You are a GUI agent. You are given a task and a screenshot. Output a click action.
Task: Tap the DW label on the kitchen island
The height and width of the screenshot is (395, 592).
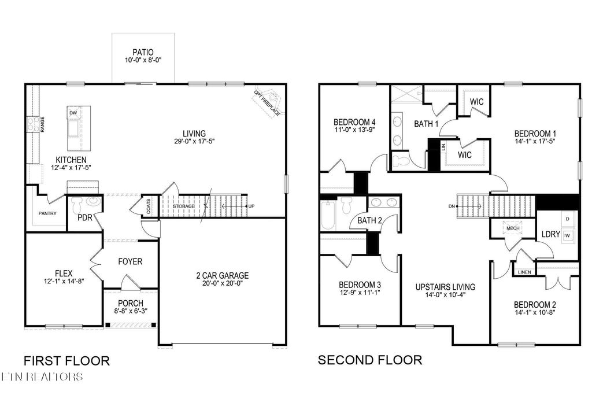tap(73, 113)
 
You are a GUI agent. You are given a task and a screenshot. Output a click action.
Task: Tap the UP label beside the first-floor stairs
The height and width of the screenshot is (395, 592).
tap(251, 206)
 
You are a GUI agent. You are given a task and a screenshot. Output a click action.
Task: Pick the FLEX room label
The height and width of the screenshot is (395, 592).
tap(63, 274)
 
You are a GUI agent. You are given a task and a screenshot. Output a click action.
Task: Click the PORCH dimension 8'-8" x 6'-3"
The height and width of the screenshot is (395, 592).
tap(131, 312)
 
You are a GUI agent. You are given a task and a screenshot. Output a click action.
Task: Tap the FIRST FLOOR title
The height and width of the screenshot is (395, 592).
tap(66, 361)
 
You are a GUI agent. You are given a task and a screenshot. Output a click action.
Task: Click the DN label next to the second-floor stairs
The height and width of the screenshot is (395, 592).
tap(452, 206)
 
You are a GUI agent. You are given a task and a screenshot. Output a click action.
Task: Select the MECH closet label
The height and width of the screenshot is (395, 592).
tap(513, 228)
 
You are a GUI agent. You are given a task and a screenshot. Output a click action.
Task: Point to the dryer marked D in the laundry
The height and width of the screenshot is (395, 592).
tap(567, 219)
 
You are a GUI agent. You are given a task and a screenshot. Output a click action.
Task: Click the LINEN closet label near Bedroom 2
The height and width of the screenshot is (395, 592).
tap(524, 272)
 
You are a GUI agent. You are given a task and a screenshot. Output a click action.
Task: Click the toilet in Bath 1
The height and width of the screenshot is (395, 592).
tap(401, 160)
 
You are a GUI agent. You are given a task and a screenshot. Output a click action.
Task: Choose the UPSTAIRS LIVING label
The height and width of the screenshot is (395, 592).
tap(445, 287)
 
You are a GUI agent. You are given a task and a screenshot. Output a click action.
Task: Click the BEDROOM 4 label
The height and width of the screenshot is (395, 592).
tap(355, 123)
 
